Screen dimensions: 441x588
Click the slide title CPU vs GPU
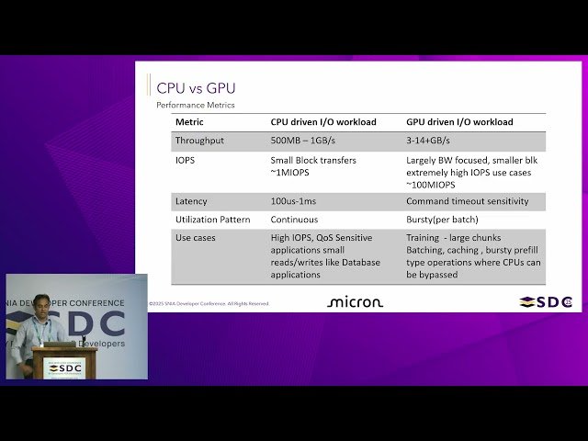(196, 88)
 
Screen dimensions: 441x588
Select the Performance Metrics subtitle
(196, 106)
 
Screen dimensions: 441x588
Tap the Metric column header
(189, 122)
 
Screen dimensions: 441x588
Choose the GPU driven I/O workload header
(459, 122)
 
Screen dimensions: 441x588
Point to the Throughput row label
(199, 141)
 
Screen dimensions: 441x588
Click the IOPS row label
(186, 160)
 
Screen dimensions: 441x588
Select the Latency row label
(191, 201)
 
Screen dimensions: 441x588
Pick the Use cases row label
(195, 238)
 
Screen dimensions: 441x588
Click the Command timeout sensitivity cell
(468, 201)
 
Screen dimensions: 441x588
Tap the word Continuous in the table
(294, 220)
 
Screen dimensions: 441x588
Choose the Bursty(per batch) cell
(442, 220)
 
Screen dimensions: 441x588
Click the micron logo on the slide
(355, 301)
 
